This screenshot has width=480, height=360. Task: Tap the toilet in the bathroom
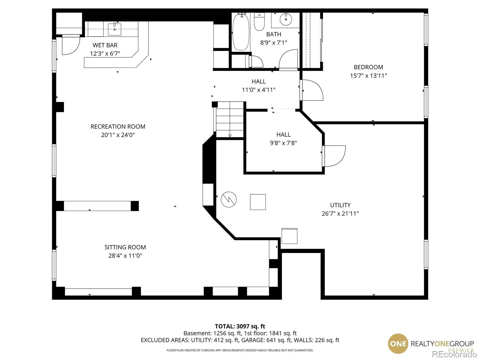[259, 21]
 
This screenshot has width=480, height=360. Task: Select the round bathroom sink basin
[286, 19]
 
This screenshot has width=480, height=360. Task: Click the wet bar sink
[115, 29]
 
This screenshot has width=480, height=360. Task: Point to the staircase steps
[230, 120]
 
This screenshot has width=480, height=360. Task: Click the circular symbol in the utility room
[229, 199]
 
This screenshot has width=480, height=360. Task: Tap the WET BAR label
[105, 45]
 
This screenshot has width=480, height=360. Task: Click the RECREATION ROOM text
[118, 127]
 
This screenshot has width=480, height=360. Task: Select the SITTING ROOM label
[125, 247]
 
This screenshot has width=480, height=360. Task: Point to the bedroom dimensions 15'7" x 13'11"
[368, 76]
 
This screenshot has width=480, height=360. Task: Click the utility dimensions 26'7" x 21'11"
[340, 214]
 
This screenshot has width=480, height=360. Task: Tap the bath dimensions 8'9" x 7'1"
[274, 43]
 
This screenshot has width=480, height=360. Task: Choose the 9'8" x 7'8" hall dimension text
[283, 143]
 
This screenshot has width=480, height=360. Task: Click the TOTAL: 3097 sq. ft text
[240, 326]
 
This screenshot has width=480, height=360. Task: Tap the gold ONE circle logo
[398, 343]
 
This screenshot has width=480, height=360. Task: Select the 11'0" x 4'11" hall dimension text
[259, 90]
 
